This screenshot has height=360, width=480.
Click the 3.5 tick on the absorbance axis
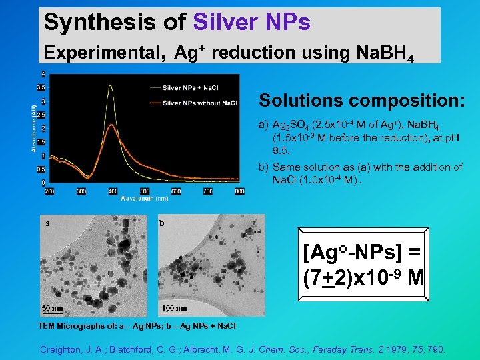41,87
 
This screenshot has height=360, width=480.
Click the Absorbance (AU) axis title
33,127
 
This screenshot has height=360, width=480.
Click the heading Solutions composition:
362,101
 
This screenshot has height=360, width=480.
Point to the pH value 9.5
280,151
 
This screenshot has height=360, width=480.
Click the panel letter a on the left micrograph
47,223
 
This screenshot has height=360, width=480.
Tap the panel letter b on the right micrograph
162,223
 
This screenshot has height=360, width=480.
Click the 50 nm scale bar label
53,308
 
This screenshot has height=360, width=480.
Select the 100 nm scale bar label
175,308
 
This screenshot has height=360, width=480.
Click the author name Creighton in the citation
63,349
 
